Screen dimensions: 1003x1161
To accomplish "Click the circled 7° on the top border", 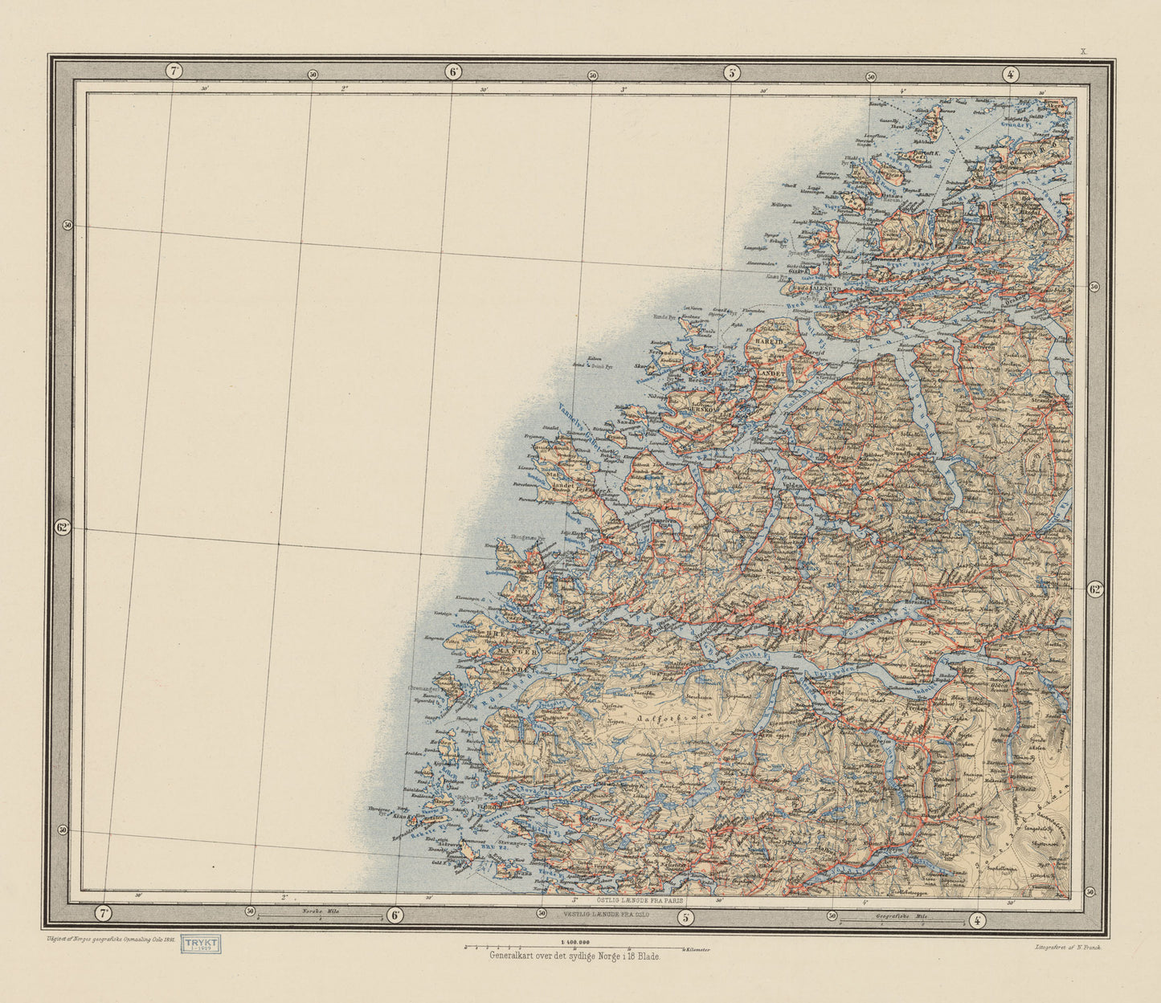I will pos(174,70).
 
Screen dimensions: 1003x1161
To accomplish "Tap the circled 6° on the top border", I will pos(453,71).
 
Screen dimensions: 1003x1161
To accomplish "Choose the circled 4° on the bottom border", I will pos(977,920).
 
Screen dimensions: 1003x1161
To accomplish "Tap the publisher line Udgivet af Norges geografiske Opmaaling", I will pos(111,938).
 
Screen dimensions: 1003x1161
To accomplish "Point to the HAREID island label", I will pos(762,340).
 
